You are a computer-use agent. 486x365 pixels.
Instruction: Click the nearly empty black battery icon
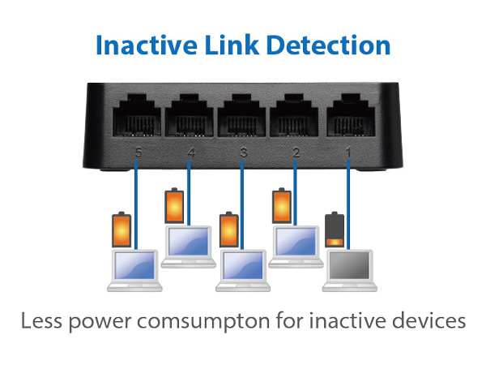pos(334,230)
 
